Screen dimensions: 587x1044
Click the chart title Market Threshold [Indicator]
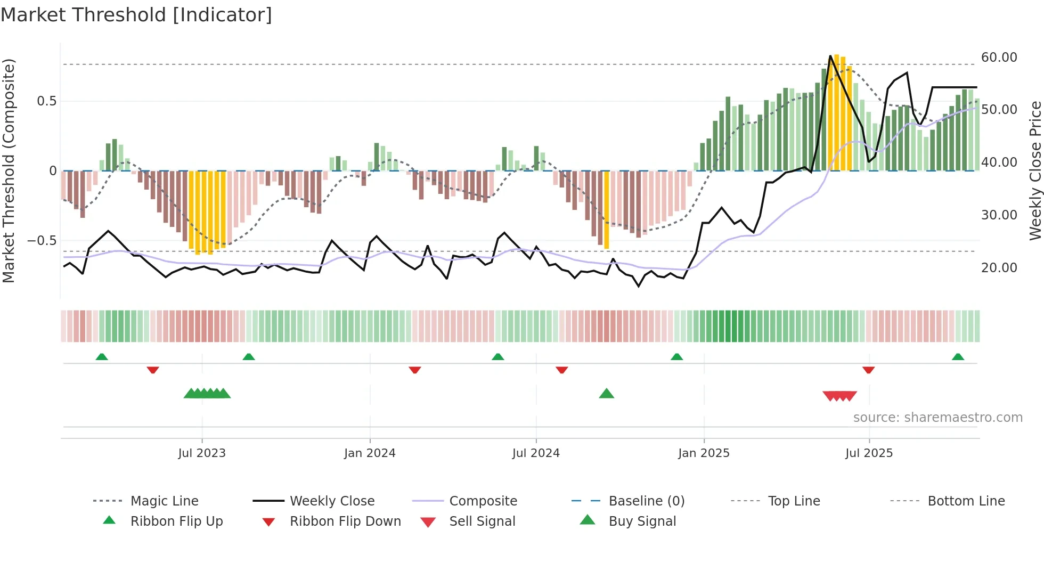[x=136, y=15]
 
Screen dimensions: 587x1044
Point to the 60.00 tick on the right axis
[x=999, y=58]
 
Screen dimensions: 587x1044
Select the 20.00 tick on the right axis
[x=999, y=268]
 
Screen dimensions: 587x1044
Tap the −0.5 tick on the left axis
[x=42, y=241]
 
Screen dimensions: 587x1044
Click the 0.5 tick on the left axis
[x=46, y=101]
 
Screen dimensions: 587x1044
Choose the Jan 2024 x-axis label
[x=370, y=453]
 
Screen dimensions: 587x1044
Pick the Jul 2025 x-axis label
[x=869, y=453]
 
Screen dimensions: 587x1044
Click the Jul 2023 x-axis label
[x=202, y=453]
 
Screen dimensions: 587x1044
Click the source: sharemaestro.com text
[x=937, y=418]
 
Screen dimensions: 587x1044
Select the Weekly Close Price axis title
[x=1035, y=170]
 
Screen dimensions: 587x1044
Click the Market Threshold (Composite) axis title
[x=9, y=170]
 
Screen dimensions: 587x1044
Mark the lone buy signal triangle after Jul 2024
[x=606, y=394]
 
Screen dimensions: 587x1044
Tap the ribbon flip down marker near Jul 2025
[x=868, y=370]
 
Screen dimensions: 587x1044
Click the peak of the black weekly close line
[x=830, y=56]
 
